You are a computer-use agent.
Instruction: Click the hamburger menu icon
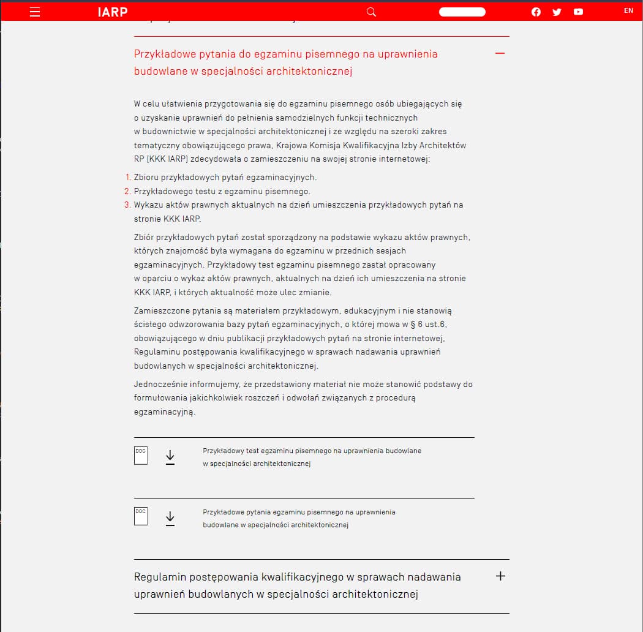point(35,12)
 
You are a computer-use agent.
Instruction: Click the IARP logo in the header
point(113,12)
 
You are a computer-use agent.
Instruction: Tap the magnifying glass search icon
point(370,12)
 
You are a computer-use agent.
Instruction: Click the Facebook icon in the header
point(536,12)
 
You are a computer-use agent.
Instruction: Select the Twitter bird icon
point(557,12)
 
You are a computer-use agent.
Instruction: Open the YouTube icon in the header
point(578,12)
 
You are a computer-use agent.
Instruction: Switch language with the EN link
point(628,10)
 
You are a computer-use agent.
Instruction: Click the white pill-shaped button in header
point(462,12)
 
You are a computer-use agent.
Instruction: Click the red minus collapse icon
point(500,53)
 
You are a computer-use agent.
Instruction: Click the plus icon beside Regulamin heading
point(500,576)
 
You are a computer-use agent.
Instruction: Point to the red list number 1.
point(128,177)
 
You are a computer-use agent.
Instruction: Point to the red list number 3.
point(127,205)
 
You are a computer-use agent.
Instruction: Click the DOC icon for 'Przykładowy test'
point(141,456)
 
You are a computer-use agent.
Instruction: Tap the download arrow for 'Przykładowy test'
point(170,457)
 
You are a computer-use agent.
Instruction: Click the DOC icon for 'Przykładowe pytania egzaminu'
point(141,516)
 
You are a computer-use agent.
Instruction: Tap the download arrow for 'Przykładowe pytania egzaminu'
point(170,518)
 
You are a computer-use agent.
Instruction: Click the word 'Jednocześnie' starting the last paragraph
point(160,385)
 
